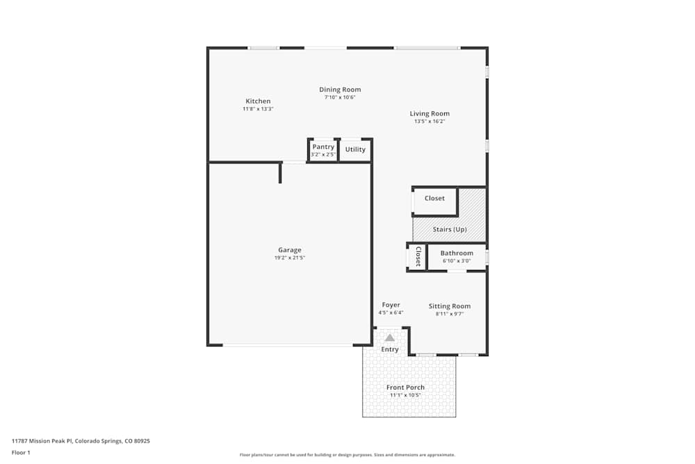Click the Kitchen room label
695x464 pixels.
pos(258,102)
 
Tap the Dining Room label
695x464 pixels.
pos(340,90)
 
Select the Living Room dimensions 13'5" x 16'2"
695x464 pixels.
pos(430,122)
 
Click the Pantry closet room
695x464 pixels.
pos(323,150)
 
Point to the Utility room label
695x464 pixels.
pos(355,150)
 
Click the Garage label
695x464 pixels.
pos(290,250)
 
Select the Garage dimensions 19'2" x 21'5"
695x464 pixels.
pos(290,258)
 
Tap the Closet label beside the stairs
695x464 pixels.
pos(434,198)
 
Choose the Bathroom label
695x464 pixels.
pos(457,253)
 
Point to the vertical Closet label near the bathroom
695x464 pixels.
pos(418,256)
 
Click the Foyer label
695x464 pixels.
pos(391,305)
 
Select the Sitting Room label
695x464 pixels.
pos(450,306)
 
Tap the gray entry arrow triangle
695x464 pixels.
pos(390,337)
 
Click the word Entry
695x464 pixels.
pos(390,349)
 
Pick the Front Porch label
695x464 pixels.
pos(405,387)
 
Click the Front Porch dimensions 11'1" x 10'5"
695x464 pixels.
pos(405,395)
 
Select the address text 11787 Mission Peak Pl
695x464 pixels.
pos(42,441)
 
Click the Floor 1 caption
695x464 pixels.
pos(21,452)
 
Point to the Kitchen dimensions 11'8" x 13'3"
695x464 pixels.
pos(258,109)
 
